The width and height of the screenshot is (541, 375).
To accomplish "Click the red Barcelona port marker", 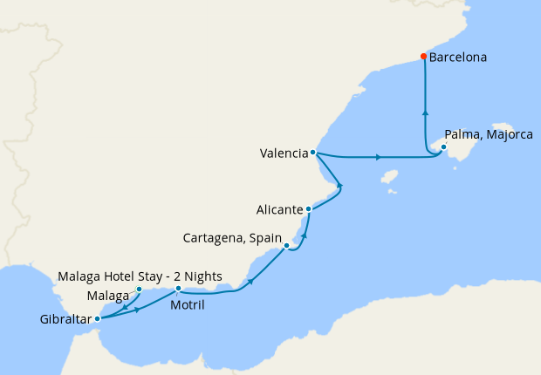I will tap(423, 57).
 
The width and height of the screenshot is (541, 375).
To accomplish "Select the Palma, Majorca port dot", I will tap(442, 147).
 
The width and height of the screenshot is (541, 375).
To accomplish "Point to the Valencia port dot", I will tap(312, 153).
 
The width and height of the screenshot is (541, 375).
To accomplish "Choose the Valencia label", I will tap(284, 154).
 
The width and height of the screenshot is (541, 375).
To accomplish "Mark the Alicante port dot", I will tap(308, 209).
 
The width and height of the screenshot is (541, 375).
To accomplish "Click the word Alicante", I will tap(279, 210).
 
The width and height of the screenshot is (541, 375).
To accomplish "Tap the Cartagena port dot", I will tap(286, 246).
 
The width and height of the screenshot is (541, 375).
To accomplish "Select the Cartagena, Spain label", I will tap(231, 237).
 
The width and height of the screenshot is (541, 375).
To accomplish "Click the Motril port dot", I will tap(178, 288).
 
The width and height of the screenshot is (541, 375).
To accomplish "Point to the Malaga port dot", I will tap(140, 289).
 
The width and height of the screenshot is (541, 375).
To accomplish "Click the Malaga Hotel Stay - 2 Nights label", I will tap(140, 276).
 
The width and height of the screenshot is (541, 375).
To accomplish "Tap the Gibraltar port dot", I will tap(97, 318).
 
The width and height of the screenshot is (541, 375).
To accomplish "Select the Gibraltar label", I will tap(65, 320).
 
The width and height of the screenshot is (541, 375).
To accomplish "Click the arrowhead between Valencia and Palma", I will tap(378, 157).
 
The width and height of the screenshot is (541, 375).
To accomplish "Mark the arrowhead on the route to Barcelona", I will tap(425, 112).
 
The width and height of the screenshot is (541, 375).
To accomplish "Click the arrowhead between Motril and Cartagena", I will tap(251, 281).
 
